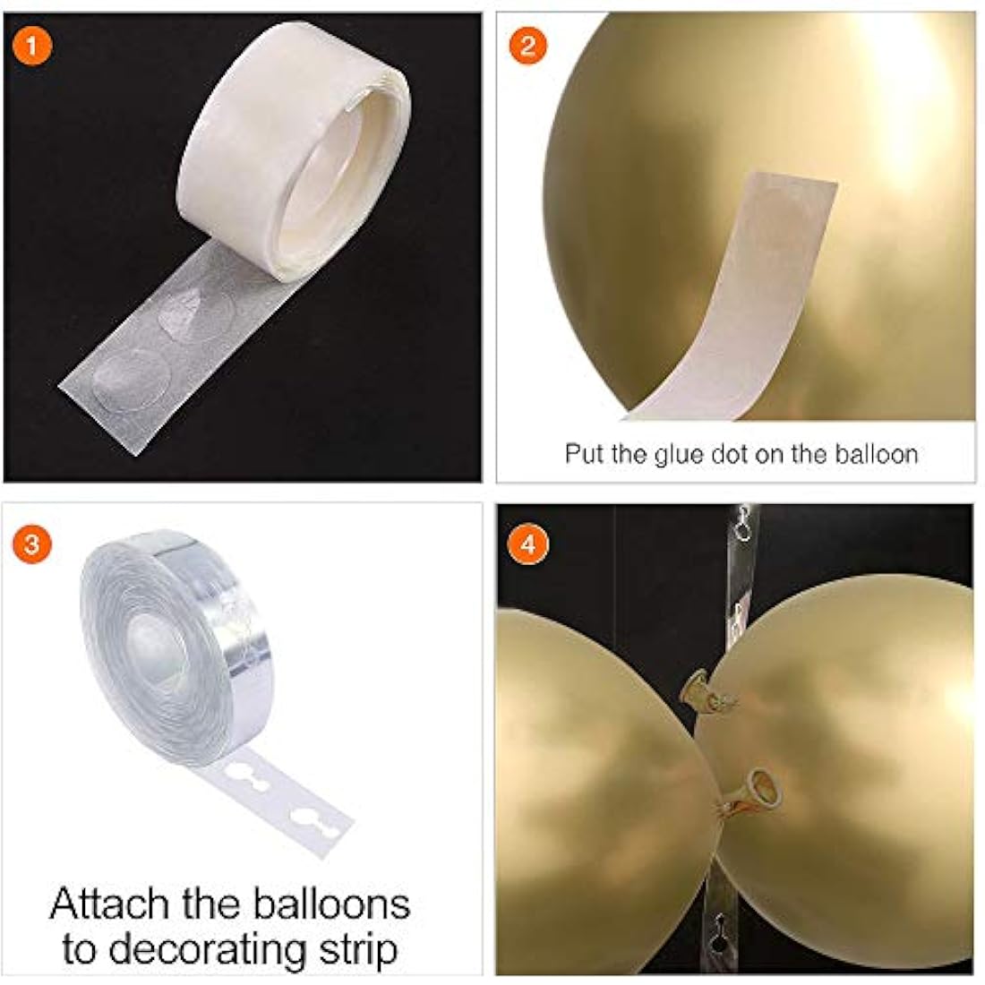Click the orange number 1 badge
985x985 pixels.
31,46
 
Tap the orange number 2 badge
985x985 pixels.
527,46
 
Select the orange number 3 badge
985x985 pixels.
31,544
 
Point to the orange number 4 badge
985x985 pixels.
527,544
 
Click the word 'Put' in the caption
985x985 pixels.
585,454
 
